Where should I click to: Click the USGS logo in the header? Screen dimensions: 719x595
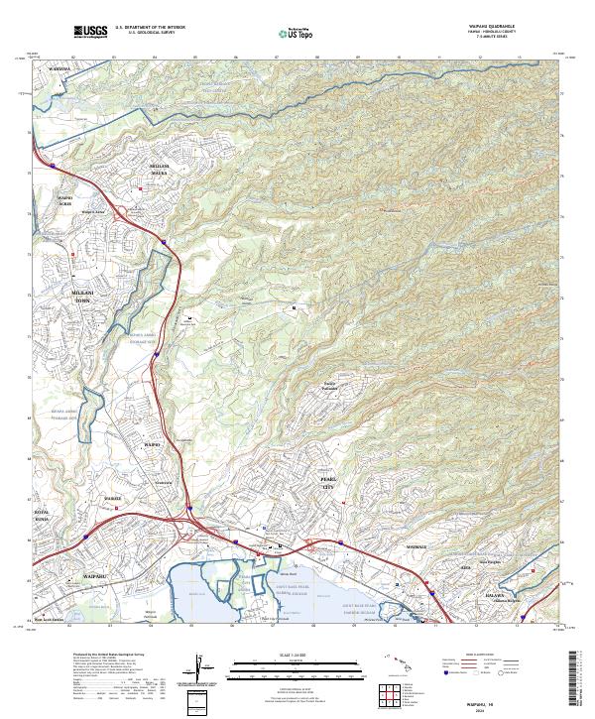tap(90, 32)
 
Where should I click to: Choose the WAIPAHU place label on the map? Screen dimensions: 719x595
tap(64, 574)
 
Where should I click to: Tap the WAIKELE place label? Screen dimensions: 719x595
tap(113, 498)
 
